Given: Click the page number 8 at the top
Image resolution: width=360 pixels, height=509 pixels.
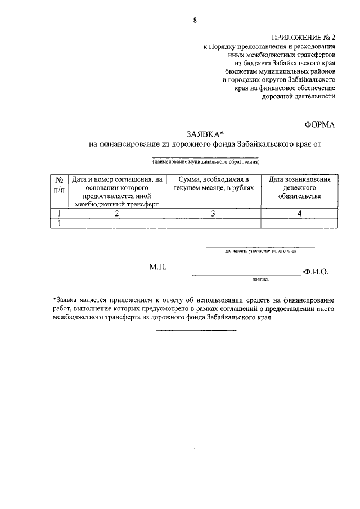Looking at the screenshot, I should coord(195,21).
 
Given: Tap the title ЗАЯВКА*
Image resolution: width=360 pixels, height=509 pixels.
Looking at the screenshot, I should coord(205,134).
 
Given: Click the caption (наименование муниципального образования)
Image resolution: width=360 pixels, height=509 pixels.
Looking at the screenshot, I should coord(205,161).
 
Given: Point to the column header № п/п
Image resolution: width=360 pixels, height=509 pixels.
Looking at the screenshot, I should coord(58,186).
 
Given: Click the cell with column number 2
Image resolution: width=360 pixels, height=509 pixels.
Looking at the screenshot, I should coord(116,213).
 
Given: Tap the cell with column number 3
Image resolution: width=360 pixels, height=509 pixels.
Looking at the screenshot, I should coord(213,213).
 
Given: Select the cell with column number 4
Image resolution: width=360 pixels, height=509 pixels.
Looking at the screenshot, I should coord(300,213).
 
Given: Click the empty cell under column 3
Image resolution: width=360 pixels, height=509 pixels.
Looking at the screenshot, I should coord(213,223).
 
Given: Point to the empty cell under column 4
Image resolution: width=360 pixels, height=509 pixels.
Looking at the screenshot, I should coord(300,223).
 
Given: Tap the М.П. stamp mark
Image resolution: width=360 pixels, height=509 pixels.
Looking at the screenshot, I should coord(158,270).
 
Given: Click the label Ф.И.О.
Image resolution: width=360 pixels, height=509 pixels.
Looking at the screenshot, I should coord(316,271).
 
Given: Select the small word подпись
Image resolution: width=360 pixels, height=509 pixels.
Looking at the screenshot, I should coord(262,278).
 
